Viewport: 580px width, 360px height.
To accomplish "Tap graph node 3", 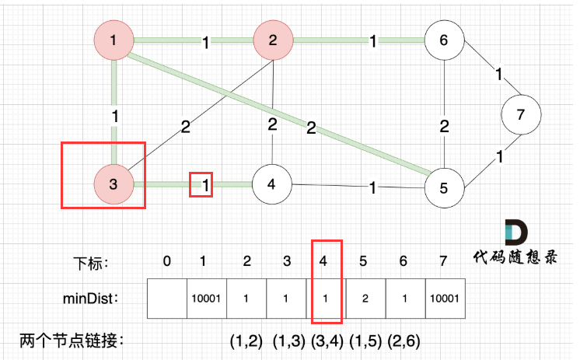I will click(x=114, y=183).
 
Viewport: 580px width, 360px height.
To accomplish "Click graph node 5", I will click(x=444, y=186).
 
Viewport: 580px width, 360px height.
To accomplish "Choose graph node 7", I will click(x=521, y=114).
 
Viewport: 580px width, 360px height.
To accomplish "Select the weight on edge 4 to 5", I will click(x=374, y=187).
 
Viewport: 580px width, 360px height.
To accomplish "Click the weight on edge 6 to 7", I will click(x=498, y=75).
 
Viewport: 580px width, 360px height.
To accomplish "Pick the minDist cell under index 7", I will click(x=445, y=298).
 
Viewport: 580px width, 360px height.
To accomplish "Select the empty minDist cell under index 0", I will click(x=167, y=298).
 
